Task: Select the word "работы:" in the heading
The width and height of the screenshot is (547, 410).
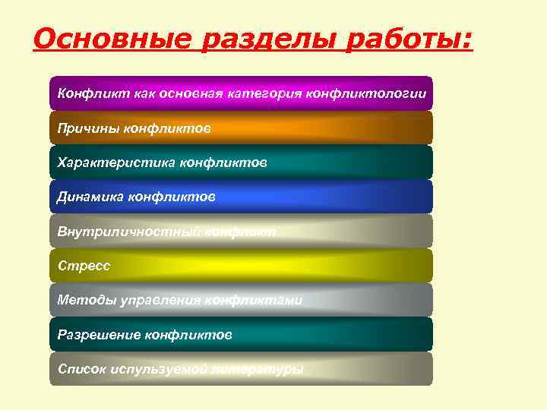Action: pyautogui.click(x=409, y=38)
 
